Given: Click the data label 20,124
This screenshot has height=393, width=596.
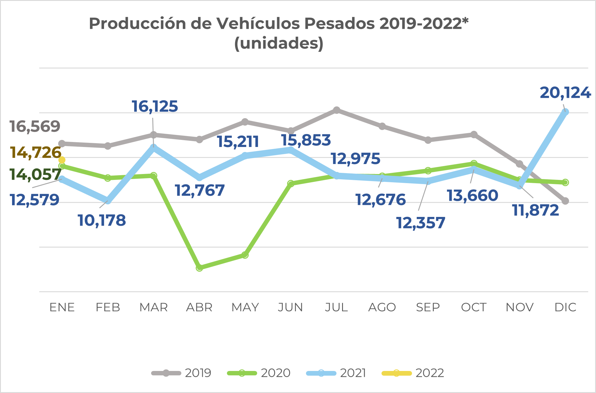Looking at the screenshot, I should [565, 93].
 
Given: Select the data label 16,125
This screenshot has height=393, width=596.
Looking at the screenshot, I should [155, 106].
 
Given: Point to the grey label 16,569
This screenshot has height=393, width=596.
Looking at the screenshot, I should [35, 126].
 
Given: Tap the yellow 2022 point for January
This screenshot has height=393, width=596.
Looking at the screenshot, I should [62, 160].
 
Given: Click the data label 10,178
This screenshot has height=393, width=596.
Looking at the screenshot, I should [102, 220].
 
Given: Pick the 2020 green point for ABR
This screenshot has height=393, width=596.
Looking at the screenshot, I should [199, 267].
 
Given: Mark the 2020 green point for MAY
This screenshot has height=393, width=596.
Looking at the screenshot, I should [245, 255].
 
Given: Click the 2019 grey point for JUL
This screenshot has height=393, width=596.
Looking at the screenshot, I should [336, 110].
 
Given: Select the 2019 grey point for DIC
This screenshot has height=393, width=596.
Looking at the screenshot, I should [565, 201].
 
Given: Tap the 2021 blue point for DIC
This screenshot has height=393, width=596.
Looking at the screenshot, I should [565, 112].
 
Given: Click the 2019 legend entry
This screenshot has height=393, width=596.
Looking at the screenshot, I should [181, 373].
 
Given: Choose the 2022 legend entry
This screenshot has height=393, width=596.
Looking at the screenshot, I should [413, 373].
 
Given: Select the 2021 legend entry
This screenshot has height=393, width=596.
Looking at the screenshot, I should [336, 373].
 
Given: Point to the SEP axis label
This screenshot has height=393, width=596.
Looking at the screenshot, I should [428, 307].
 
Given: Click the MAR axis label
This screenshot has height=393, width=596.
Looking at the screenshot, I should [153, 307].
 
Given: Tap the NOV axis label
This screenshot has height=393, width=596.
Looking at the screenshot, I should [520, 307].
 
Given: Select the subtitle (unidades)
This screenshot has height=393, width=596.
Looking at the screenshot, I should [279, 43].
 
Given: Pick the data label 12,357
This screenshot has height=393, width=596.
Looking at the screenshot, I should [421, 223].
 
